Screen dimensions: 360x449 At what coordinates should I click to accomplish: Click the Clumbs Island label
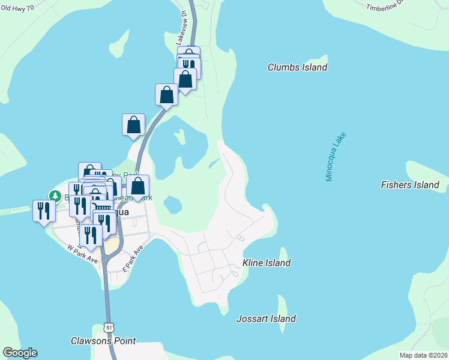297,67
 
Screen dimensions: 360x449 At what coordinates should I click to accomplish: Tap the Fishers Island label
410,185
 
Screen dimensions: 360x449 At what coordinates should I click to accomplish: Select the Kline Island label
267,263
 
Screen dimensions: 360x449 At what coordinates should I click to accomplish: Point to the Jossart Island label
266,319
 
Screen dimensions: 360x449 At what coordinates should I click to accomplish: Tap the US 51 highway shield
108,327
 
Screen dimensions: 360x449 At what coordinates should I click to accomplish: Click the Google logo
20,353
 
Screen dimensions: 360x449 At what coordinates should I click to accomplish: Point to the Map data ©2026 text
423,355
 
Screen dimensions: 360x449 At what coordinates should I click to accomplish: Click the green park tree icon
55,196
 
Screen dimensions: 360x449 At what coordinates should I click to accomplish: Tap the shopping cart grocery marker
103,209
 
